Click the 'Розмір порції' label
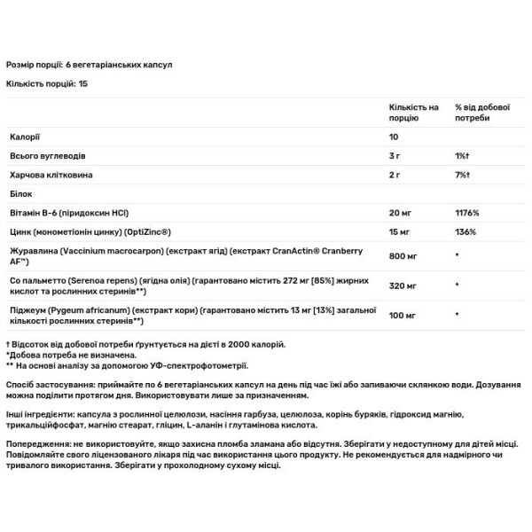point(34,66)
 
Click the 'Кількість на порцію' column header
point(413,113)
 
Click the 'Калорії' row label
point(23,138)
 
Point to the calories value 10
point(394,138)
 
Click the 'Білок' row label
point(20,194)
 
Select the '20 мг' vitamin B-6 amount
point(399,213)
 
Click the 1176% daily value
point(467,213)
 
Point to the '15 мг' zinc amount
point(399,231)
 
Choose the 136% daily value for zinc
point(465,231)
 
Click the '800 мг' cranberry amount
point(402,255)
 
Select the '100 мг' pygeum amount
point(402,315)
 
